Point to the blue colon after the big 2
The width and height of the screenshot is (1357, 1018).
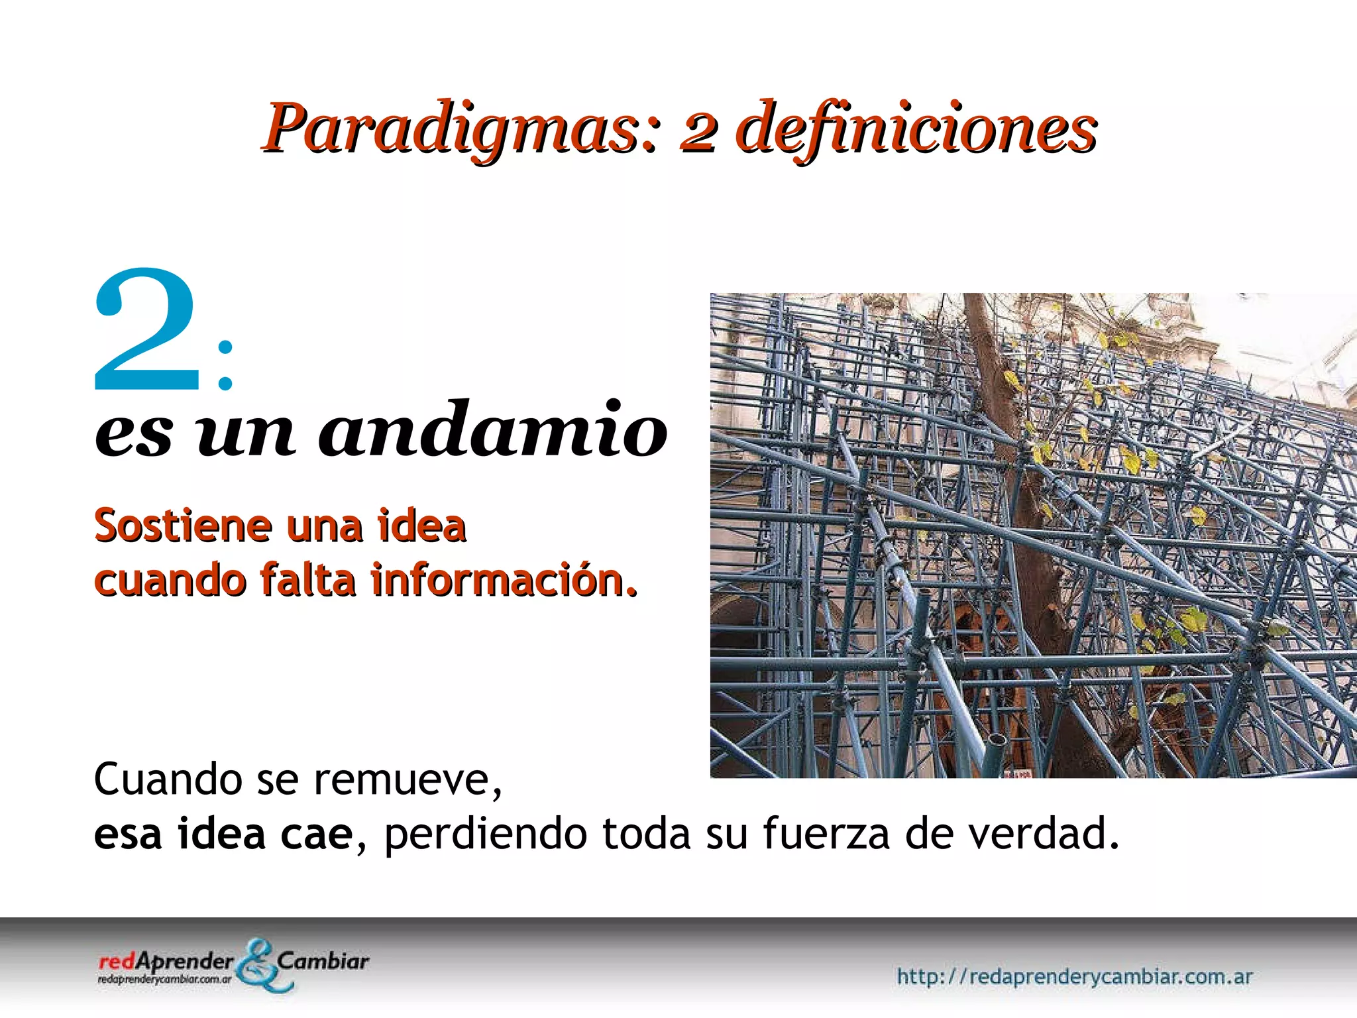point(225,365)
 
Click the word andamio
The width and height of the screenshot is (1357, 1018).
point(493,430)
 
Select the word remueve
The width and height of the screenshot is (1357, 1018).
point(407,780)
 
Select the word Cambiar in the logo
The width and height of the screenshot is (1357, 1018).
point(323,960)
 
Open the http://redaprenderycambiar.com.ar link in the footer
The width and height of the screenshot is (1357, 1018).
point(1074,976)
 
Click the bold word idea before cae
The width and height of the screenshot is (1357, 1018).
point(221,834)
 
